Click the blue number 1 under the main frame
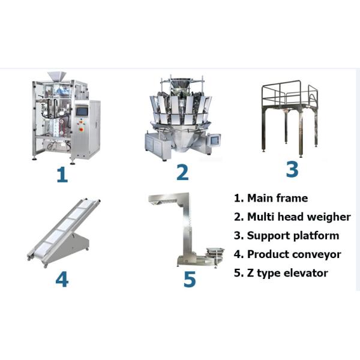tap(62, 175)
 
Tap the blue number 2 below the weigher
tap(182, 172)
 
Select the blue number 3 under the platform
tap(292, 169)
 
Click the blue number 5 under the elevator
tap(190, 279)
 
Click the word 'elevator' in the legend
tap(306, 273)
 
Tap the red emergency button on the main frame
tap(81, 130)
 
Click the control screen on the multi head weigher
tap(215, 140)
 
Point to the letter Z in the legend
tap(250, 273)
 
